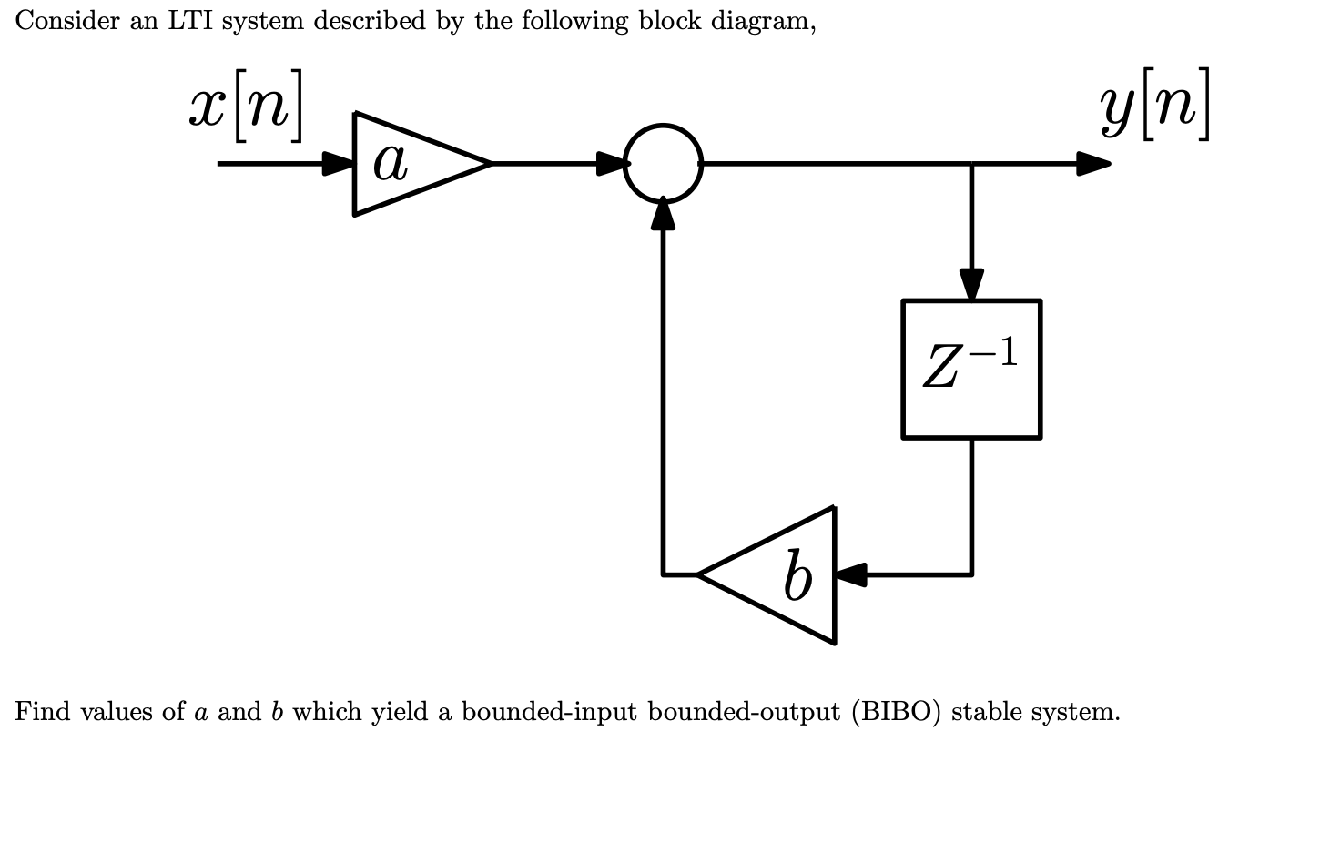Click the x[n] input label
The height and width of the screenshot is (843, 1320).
pyautogui.click(x=246, y=107)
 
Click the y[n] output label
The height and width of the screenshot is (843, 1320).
pyautogui.click(x=1154, y=106)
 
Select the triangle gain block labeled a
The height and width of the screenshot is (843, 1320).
pyautogui.click(x=410, y=164)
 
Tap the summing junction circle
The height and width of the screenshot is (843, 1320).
pyautogui.click(x=664, y=163)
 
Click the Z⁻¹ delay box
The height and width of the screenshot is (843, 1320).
pyautogui.click(x=971, y=369)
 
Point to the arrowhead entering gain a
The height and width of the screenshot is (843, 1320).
pyautogui.click(x=340, y=164)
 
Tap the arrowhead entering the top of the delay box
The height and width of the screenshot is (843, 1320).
pyautogui.click(x=971, y=283)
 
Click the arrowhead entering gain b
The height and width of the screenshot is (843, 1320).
pyautogui.click(x=850, y=575)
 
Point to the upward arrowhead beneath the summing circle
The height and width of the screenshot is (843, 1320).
pyautogui.click(x=664, y=215)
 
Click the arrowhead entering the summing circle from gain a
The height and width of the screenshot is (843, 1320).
pyautogui.click(x=612, y=164)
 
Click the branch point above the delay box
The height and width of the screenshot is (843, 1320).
pyautogui.click(x=971, y=164)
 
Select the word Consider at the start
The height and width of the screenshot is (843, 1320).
pyautogui.click(x=66, y=22)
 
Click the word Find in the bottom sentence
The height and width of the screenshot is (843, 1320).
pyautogui.click(x=42, y=712)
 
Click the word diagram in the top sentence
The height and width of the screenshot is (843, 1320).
pyautogui.click(x=761, y=22)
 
